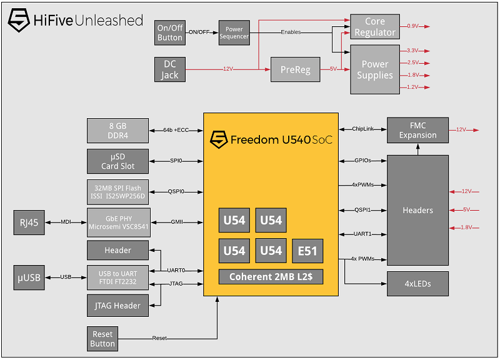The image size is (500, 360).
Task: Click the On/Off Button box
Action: click(x=169, y=32)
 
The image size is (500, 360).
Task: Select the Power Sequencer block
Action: click(x=234, y=32)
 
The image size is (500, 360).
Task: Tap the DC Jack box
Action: click(x=169, y=69)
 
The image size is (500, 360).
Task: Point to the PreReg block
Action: click(x=295, y=69)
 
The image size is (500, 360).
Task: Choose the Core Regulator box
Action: click(x=374, y=27)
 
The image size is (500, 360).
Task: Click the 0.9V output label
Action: click(x=413, y=26)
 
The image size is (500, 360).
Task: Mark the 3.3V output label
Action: click(x=413, y=51)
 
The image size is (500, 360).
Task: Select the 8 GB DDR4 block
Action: click(x=118, y=130)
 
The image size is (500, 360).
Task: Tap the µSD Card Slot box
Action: click(x=118, y=161)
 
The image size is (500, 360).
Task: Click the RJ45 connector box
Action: click(x=29, y=222)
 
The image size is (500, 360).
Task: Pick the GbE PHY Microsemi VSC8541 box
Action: click(x=118, y=222)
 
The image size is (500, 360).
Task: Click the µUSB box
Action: click(x=29, y=277)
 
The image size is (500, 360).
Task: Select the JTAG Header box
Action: click(x=118, y=306)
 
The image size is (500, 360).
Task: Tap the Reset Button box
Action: click(x=102, y=338)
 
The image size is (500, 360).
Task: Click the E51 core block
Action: click(x=307, y=251)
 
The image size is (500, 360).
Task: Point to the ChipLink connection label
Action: click(x=362, y=129)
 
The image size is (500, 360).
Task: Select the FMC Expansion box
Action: click(x=417, y=130)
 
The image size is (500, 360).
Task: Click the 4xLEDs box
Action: click(x=417, y=283)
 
